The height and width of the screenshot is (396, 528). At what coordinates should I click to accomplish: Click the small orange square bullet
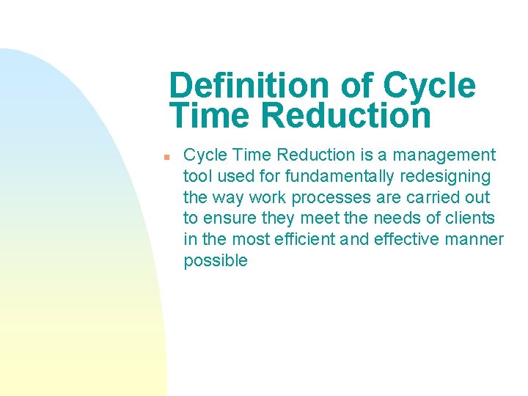point(167,157)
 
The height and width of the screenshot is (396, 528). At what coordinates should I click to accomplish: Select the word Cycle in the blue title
point(429,86)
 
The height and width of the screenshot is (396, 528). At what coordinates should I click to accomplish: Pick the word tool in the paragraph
point(197,176)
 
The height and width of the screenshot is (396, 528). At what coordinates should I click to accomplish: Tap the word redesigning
point(454,176)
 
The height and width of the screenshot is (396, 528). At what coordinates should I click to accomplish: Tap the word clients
point(469,219)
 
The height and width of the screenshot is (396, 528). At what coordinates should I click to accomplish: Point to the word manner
point(477,240)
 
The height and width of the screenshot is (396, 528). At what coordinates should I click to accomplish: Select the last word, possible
point(216,261)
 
